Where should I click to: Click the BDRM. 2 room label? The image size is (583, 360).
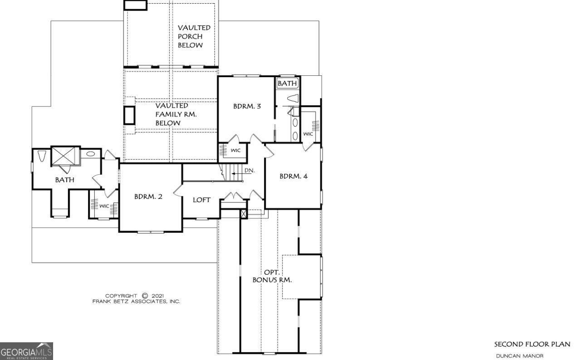click(148, 197)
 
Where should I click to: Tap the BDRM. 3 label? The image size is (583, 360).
click(247, 107)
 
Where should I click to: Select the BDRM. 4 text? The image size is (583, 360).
click(293, 176)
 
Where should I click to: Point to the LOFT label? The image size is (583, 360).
click(201, 200)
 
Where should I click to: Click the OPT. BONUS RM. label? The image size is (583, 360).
click(272, 276)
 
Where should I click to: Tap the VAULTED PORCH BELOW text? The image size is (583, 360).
click(194, 37)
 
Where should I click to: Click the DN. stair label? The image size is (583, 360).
click(249, 170)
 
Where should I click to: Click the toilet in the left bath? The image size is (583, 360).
click(42, 156)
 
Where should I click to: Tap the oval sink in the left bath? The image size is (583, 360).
click(91, 154)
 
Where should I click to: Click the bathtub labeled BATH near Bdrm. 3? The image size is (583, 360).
click(287, 84)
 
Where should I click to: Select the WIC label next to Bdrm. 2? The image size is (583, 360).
click(104, 206)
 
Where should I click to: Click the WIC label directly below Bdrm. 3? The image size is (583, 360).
click(235, 150)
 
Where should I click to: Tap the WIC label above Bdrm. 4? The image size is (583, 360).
click(308, 134)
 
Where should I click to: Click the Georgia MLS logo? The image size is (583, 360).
click(26, 351)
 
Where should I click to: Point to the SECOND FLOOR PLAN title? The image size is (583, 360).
click(532, 344)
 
